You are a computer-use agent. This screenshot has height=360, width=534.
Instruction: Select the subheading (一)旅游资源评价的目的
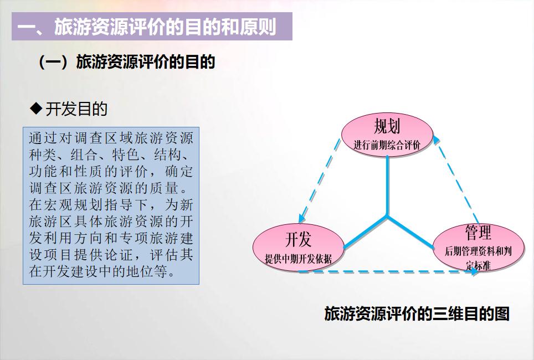click(126, 61)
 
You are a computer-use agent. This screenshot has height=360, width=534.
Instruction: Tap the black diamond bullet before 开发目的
click(36, 108)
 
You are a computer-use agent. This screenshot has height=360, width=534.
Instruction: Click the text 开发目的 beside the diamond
click(76, 109)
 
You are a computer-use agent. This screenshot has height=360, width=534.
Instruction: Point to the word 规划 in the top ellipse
click(387, 126)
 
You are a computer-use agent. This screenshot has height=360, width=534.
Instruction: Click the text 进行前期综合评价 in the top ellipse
click(387, 146)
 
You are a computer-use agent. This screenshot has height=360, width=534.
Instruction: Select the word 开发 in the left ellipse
click(298, 240)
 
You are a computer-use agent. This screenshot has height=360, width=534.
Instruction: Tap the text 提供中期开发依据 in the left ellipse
click(298, 259)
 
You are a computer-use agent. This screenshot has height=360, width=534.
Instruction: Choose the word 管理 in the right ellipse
click(477, 233)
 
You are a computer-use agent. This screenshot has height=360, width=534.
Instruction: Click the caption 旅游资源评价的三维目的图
click(417, 314)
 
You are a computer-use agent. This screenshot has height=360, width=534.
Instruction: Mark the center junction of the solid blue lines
click(387, 215)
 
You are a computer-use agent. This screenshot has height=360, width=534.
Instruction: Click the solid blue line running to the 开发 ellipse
click(366, 232)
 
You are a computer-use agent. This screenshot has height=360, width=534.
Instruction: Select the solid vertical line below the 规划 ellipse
click(387, 186)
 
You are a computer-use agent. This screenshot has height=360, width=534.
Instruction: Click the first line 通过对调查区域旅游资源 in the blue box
click(111, 138)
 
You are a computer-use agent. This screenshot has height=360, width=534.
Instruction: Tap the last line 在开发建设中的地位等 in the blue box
click(102, 272)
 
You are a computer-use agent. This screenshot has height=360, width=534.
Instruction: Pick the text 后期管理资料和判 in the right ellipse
click(477, 251)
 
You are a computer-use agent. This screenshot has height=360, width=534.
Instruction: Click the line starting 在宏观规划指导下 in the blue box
click(111, 205)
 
